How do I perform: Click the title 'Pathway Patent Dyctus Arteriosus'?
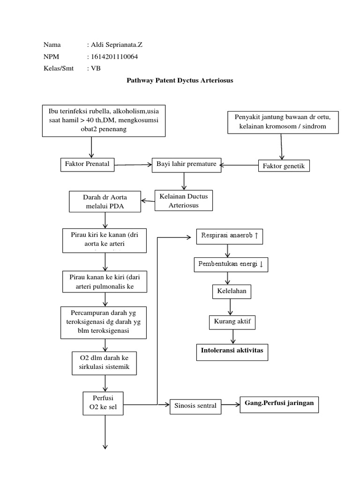pos(180,81)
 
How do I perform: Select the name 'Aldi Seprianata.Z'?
pos(117,45)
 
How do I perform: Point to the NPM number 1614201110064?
pos(114,57)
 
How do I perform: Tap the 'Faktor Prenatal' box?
pos(88,165)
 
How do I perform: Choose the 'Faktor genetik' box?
pos(284,166)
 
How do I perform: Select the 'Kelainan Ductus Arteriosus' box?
pos(184,201)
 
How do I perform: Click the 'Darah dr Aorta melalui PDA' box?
pos(105,202)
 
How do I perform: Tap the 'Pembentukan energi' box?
pos(231,265)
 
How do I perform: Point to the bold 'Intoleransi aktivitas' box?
pos(232,352)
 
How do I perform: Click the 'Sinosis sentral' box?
pos(195,405)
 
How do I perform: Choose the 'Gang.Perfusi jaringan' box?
pos(279,404)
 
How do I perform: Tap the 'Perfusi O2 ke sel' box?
pos(103,403)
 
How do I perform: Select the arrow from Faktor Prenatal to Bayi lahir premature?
pos(134,165)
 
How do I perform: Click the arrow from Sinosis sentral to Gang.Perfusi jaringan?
pos(230,405)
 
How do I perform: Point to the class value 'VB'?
pos(96,68)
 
